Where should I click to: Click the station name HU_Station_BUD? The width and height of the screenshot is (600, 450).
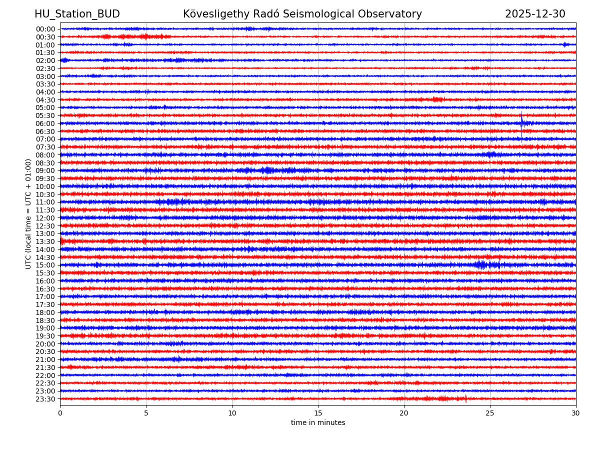77,14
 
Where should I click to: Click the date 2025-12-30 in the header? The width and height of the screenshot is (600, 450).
535,14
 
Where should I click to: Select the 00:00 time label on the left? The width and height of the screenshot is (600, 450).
45,29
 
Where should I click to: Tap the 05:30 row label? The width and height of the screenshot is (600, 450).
45,115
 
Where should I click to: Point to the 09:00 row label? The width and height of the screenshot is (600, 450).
45,170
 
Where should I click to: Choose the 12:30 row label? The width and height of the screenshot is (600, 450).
45,226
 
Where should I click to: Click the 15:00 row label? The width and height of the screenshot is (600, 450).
45,265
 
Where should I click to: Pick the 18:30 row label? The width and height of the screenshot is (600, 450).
45,320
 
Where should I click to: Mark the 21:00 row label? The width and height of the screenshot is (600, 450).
45,359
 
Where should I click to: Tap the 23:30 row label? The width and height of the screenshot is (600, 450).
45,399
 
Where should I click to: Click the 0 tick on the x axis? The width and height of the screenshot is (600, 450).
60,413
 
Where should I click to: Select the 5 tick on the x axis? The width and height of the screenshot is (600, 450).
146,413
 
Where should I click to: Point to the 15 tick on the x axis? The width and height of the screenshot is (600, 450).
318,413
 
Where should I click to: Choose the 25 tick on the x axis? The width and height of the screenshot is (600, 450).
490,413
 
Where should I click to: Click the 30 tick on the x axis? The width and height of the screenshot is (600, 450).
576,413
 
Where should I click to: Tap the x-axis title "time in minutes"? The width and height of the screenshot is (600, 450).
318,423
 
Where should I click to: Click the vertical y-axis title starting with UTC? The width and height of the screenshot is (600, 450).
28,213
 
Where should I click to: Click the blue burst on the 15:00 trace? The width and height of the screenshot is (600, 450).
481,264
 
